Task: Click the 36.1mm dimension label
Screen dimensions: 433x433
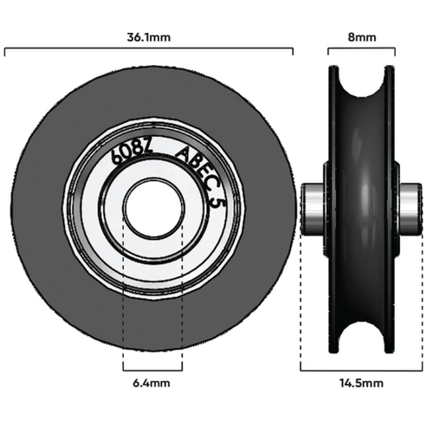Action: (150, 38)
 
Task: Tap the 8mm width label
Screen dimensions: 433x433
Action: (360, 38)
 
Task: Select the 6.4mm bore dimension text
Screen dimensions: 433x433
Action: (152, 382)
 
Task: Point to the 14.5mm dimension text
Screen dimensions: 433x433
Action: (361, 382)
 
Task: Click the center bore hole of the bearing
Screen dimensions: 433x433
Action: (152, 209)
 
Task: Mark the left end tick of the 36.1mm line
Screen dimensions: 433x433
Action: (7, 51)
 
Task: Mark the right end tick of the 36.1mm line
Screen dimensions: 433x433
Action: (294, 51)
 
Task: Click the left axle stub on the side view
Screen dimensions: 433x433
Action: (312, 210)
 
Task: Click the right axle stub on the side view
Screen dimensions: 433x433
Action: (409, 210)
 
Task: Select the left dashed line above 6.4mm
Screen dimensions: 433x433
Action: (123, 294)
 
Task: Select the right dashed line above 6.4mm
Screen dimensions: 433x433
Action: (182, 294)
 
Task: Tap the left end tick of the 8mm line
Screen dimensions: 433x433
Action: (328, 51)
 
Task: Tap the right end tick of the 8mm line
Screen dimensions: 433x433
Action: (393, 51)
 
